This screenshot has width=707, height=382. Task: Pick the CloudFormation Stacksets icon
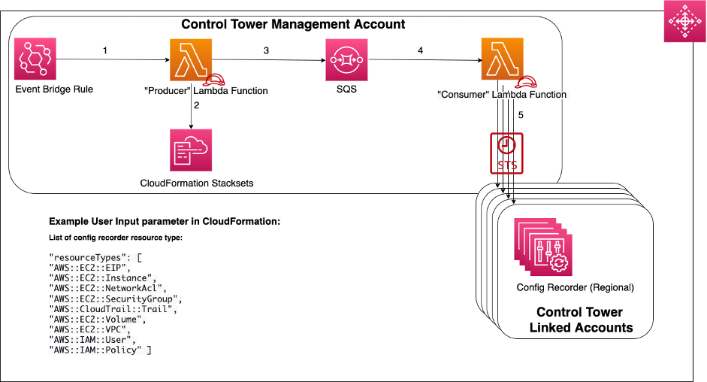(191, 150)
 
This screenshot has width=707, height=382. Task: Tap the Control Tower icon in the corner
(684, 23)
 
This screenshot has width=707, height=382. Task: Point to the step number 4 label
(421, 50)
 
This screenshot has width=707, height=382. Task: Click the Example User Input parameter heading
(165, 223)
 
